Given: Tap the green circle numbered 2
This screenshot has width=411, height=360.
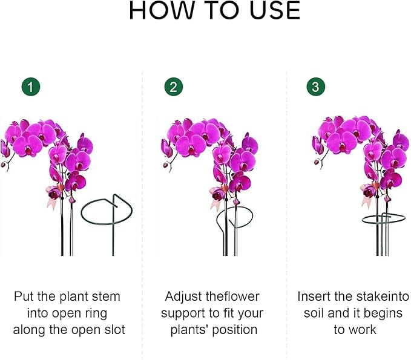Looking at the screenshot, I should pyautogui.click(x=173, y=87).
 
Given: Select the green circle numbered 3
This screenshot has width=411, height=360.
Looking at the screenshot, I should pyautogui.click(x=315, y=87).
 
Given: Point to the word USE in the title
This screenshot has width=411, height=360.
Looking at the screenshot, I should pyautogui.click(x=272, y=11).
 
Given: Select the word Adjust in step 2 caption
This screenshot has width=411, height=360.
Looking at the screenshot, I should pyautogui.click(x=182, y=296).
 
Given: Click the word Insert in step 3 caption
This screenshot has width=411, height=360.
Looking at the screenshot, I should pyautogui.click(x=314, y=296).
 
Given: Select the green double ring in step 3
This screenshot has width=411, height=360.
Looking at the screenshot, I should pyautogui.click(x=381, y=219).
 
